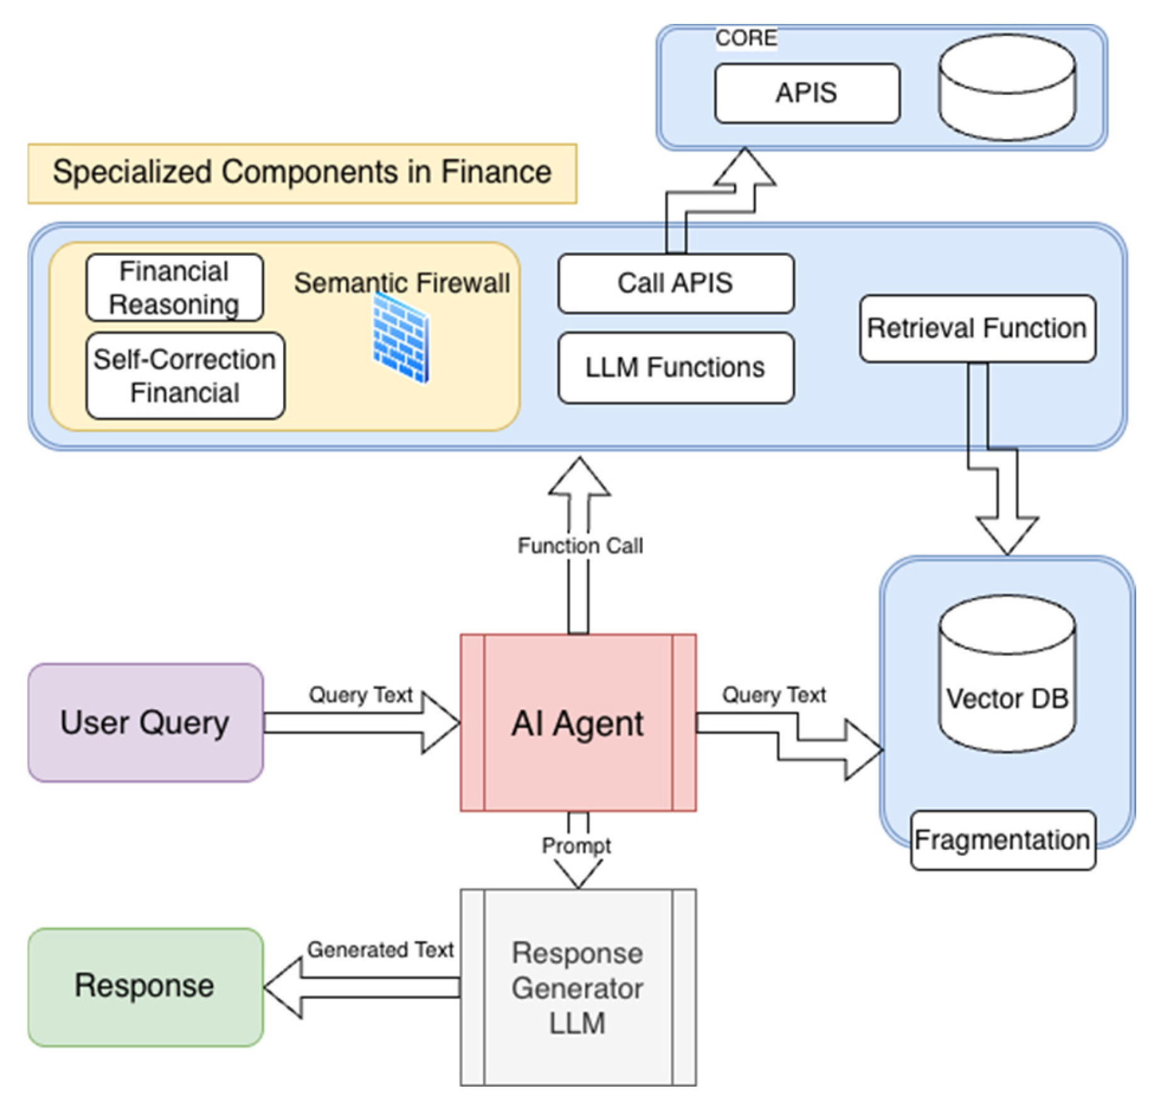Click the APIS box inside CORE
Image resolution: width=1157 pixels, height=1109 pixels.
(807, 93)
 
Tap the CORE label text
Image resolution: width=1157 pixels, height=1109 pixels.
(746, 38)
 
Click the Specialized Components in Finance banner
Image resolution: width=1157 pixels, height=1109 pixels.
(302, 173)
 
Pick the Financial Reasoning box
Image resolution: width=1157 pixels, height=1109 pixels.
(174, 288)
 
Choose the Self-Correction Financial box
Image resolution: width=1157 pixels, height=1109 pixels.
(185, 376)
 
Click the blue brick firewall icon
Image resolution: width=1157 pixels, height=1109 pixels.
(401, 338)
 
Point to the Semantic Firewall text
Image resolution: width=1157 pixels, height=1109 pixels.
(402, 283)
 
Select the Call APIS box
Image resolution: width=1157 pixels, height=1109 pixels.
(675, 284)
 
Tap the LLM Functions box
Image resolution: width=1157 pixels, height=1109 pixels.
(675, 368)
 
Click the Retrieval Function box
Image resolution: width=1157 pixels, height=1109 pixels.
(977, 328)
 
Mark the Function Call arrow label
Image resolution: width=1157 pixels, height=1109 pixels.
(580, 546)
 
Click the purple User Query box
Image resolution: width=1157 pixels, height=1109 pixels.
(145, 723)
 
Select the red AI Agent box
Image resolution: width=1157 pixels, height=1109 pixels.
(578, 723)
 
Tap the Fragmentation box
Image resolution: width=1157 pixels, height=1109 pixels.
(1002, 840)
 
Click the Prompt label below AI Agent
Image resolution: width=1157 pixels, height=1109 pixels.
(576, 846)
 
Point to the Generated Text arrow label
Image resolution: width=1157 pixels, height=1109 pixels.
(380, 949)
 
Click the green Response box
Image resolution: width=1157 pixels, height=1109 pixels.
(145, 986)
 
